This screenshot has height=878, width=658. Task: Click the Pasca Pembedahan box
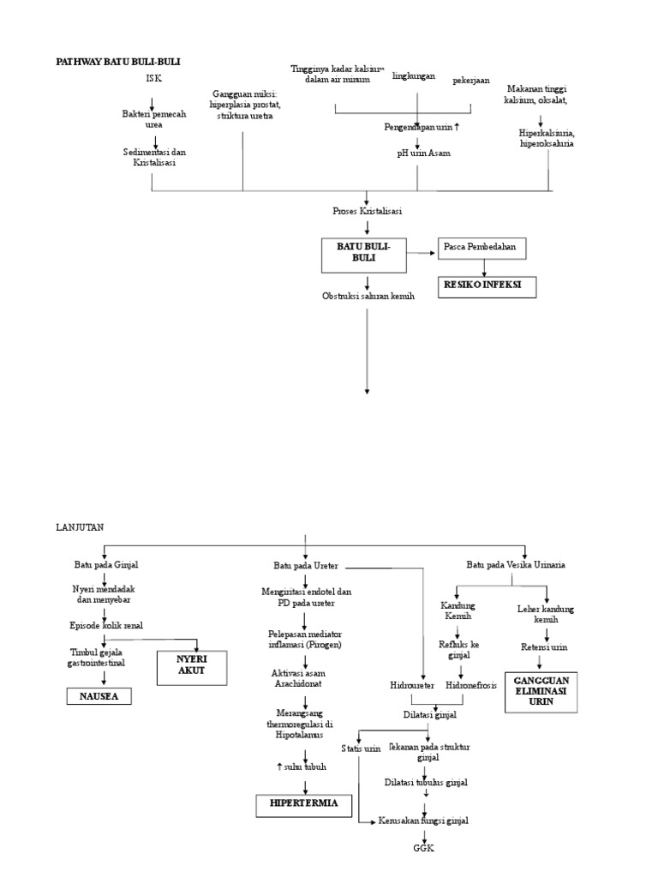[x=481, y=248]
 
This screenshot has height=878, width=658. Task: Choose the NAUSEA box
[x=99, y=697]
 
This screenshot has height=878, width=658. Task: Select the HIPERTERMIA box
[x=303, y=804]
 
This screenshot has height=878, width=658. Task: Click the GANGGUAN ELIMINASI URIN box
[x=541, y=691]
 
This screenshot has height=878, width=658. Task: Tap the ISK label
[x=153, y=79]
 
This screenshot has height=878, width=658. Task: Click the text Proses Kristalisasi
[x=368, y=211]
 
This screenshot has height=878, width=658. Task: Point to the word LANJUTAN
[x=80, y=527]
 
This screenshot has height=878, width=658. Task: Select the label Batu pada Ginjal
[x=106, y=565]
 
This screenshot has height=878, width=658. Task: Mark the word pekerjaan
[x=471, y=81]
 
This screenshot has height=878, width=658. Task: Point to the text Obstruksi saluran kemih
[x=368, y=297]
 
